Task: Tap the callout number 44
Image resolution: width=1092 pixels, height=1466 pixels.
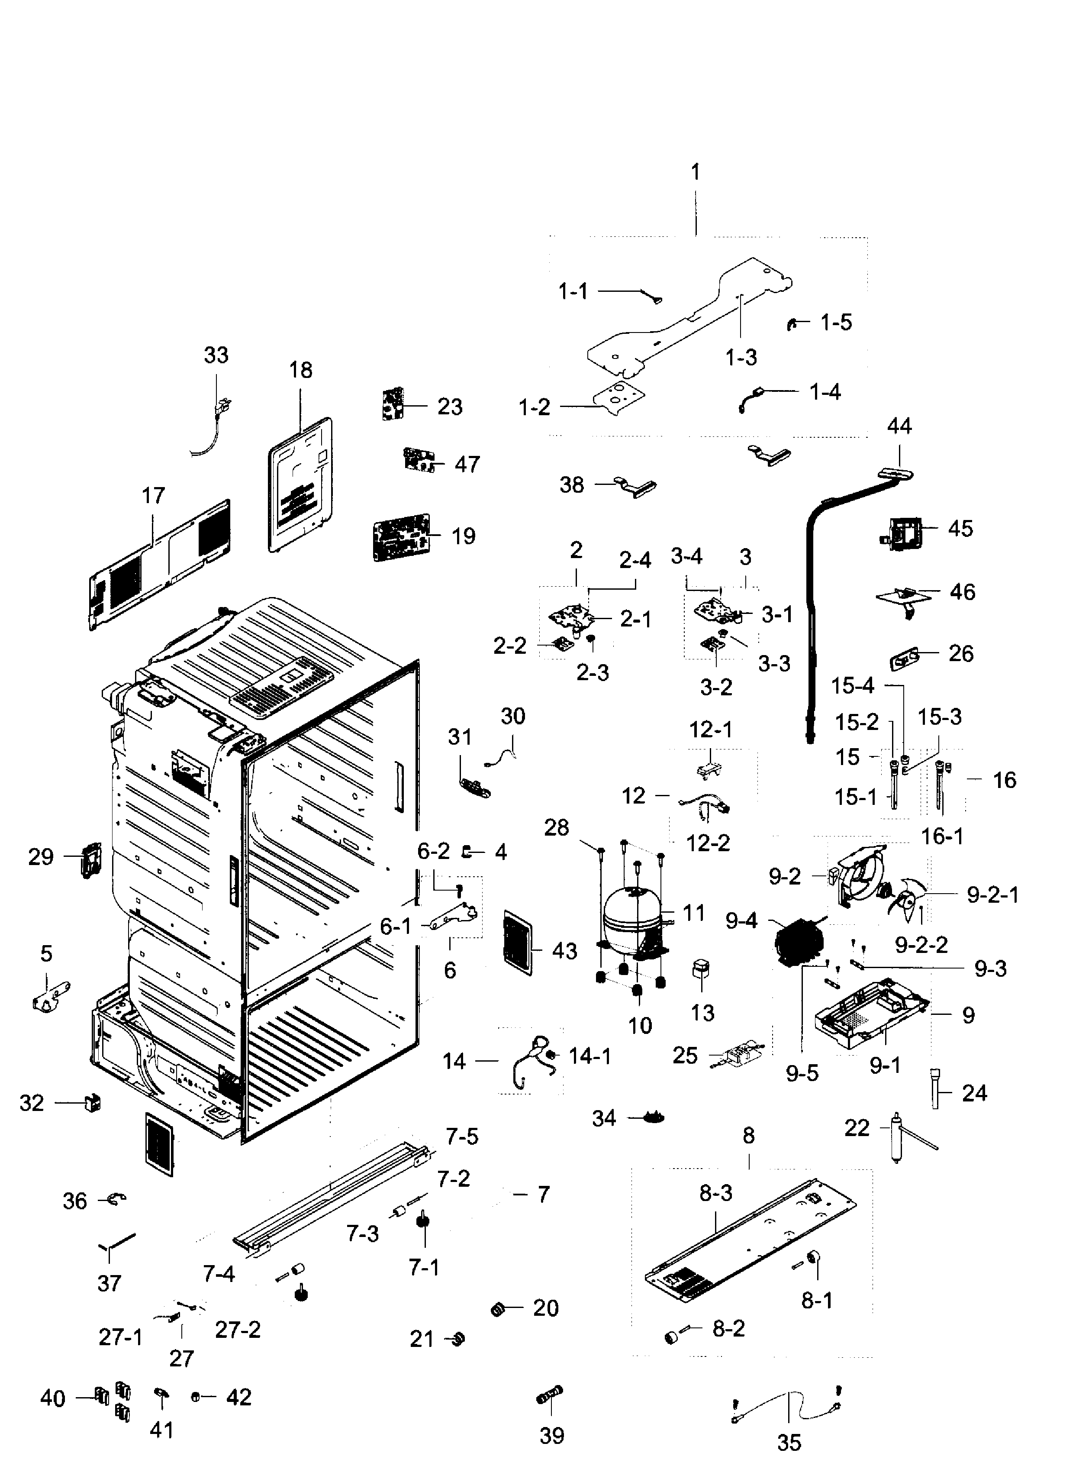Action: click(x=899, y=426)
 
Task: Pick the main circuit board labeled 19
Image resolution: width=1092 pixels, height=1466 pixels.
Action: click(x=401, y=537)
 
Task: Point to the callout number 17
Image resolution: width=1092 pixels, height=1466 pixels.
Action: click(x=153, y=495)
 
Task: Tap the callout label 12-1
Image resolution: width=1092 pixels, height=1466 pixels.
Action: click(x=711, y=730)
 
